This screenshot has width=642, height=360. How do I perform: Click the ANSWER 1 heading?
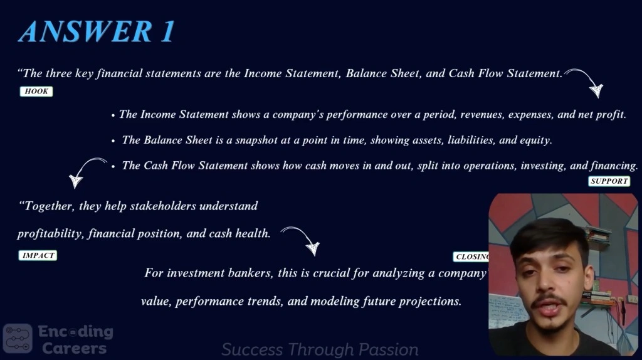click(97, 31)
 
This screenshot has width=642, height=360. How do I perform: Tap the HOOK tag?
click(36, 92)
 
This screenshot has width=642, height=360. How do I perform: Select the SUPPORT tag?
click(609, 181)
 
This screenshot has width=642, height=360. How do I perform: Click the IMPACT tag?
click(38, 255)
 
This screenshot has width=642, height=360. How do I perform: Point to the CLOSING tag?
click(471, 257)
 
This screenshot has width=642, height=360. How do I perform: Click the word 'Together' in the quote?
click(45, 206)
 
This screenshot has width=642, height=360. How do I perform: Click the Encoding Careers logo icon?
click(18, 339)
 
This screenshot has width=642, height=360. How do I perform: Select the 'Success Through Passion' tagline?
click(320, 350)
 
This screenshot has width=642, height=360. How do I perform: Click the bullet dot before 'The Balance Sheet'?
click(113, 141)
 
